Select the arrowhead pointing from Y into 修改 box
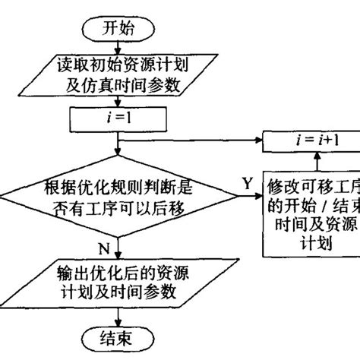pyautogui.click(x=258, y=201)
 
